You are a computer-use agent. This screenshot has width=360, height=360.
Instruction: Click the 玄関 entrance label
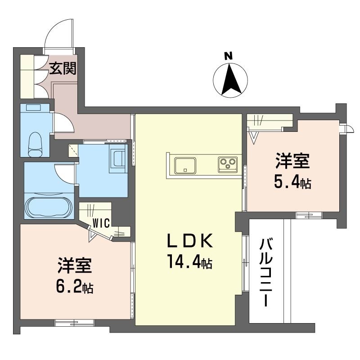pos(63,68)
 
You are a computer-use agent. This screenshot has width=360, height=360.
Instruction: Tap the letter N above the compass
pos(228,56)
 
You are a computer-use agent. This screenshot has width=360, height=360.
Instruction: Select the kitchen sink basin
pos(185,165)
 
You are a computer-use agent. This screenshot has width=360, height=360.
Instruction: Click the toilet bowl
pos(35,144)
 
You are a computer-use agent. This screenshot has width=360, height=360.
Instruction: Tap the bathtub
pos(49,207)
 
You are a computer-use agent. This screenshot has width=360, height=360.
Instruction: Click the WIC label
pos(101,223)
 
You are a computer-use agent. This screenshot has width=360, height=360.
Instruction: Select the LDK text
pos(189,241)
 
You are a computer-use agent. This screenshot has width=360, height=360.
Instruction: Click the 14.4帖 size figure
pos(190,261)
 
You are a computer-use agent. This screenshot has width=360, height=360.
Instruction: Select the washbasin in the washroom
pos(118,158)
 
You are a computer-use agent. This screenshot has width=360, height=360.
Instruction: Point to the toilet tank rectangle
pos(33,108)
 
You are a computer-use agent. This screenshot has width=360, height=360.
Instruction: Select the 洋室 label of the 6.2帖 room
pos(75,265)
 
